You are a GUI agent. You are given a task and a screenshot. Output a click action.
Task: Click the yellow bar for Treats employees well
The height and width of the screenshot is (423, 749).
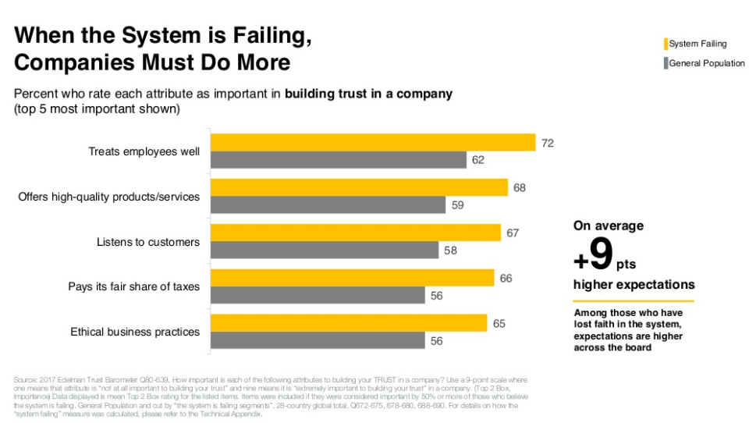click(372, 142)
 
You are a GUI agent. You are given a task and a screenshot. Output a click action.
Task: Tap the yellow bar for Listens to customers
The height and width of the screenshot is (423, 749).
click(355, 233)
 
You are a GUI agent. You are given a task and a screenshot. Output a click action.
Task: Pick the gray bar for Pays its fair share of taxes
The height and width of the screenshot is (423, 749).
click(318, 295)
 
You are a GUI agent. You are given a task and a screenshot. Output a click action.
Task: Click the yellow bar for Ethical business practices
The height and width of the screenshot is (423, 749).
click(348, 322)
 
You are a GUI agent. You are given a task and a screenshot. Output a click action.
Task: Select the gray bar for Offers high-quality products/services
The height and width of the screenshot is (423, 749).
click(328, 205)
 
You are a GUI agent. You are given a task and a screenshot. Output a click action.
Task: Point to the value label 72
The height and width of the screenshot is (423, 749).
click(548, 143)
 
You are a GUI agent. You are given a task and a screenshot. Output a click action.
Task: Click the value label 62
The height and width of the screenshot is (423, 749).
click(478, 160)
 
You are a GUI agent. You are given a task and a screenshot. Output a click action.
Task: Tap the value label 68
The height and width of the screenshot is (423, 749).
click(520, 188)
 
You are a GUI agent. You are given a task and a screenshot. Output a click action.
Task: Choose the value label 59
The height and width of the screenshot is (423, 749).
click(458, 206)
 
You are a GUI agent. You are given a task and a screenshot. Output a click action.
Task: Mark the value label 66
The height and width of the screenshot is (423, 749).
click(506, 278)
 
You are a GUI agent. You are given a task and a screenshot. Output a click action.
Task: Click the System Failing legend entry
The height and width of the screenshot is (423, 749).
click(697, 44)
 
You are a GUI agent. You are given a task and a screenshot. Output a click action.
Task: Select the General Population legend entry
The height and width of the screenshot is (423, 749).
click(706, 63)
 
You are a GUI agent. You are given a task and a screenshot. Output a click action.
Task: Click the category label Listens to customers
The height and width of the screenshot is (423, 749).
click(148, 242)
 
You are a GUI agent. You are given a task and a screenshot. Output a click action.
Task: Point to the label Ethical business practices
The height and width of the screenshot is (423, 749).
click(135, 332)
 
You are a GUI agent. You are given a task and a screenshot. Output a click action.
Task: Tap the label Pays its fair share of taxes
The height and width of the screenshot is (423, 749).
click(133, 286)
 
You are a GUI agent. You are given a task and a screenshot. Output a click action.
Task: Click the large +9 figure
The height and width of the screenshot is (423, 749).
click(594, 254)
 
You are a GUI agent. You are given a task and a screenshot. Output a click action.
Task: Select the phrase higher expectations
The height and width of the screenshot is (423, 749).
click(634, 284)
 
